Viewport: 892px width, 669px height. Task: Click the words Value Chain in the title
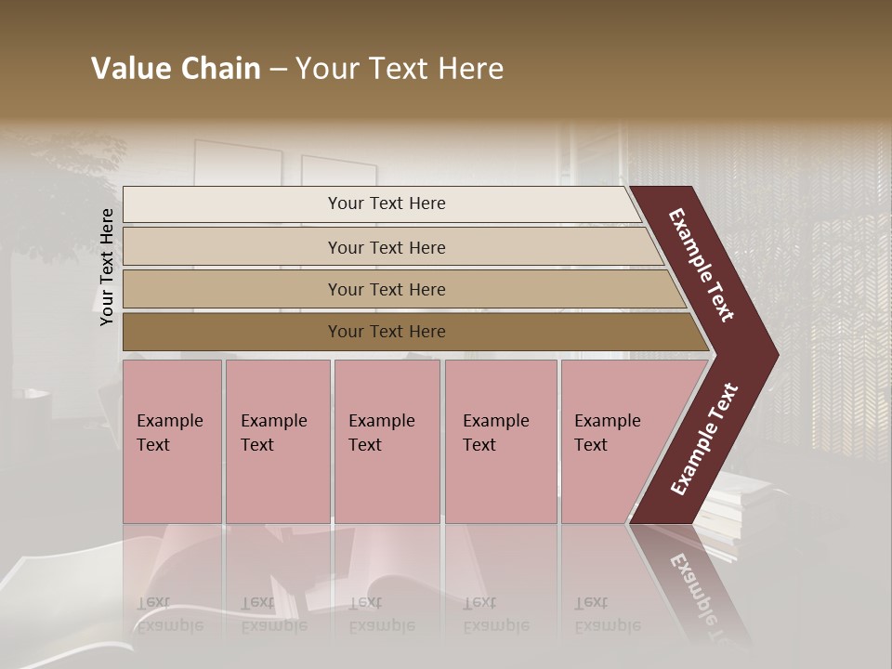176,69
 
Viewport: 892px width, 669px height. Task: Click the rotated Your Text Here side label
107,267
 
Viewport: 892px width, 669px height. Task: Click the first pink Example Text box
172,441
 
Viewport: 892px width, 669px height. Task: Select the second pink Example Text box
277,441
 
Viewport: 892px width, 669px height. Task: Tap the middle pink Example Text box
387,441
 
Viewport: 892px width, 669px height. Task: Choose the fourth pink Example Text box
501,441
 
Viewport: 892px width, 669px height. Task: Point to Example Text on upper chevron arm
702,265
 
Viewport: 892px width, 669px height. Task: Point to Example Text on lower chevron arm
704,439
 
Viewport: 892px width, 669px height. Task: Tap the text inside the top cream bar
387,203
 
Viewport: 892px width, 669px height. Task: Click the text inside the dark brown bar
387,332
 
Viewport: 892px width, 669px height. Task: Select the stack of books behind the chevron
734,506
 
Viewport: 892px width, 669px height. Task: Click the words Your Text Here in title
400,69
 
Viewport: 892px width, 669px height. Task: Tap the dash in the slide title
278,69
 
